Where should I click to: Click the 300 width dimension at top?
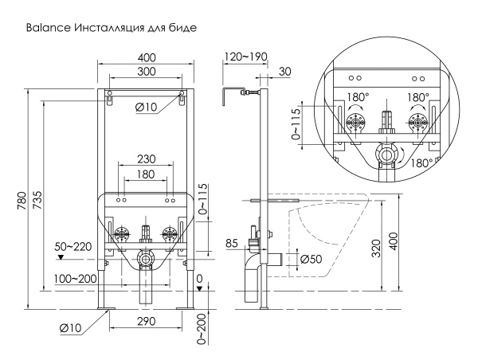(145, 72)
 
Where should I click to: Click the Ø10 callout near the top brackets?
(146, 108)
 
